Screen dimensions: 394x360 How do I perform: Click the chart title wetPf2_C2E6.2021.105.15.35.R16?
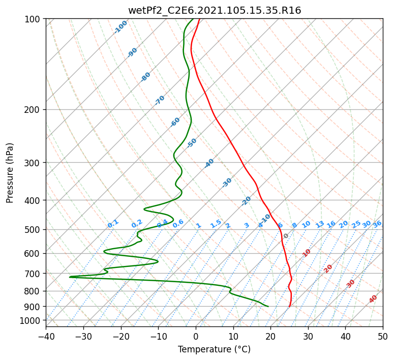coord(215,11)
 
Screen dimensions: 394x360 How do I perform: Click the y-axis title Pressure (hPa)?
coord(10,173)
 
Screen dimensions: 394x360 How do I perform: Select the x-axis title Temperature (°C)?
coord(215,349)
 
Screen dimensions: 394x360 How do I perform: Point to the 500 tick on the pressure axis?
coord(34,229)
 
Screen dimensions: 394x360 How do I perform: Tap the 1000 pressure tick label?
coord(32,320)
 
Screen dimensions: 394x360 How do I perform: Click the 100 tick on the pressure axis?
coord(34,19)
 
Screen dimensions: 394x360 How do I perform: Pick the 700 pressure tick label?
coord(34,273)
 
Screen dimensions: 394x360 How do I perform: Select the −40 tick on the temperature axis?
coord(46,336)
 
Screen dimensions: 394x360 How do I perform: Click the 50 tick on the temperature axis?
coord(383,336)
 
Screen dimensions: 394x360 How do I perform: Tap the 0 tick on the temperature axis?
coord(196,336)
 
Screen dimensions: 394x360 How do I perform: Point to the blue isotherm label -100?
coord(120,27)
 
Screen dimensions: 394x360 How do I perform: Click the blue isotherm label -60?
coord(175,122)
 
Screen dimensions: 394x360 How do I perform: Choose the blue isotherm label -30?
coord(227,183)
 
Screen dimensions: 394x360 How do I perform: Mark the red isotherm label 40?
coord(373,299)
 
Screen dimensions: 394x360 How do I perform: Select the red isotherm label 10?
coord(307,253)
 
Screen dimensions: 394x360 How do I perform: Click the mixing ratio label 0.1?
coord(113,224)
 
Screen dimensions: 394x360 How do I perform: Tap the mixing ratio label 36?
coord(377,224)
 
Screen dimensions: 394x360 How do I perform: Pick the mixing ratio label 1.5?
coord(216,224)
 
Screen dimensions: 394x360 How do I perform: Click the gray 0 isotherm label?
coord(286,236)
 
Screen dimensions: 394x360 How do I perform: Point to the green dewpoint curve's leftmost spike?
coord(70,277)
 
